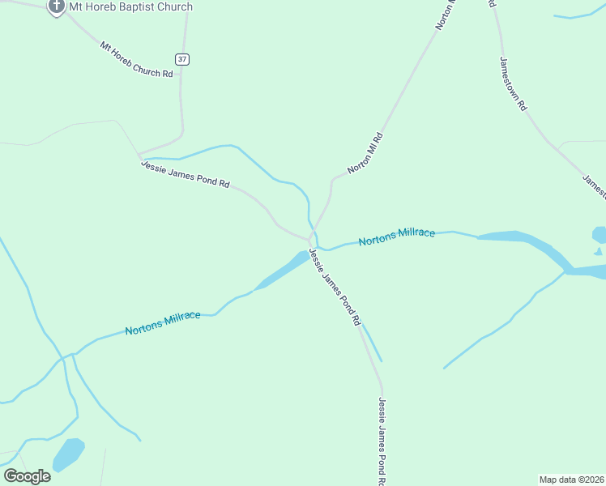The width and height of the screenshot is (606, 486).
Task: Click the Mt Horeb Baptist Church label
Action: [130, 7]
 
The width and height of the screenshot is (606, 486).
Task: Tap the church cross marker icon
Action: [56, 7]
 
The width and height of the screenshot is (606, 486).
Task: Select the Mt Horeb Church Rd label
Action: [137, 60]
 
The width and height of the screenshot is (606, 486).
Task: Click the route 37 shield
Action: [182, 59]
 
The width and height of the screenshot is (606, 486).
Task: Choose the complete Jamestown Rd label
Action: [514, 83]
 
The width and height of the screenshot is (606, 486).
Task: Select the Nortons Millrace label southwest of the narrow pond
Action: [163, 322]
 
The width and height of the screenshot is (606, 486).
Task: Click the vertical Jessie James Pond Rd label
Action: [382, 441]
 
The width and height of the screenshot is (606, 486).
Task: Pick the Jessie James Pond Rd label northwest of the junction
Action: [186, 174]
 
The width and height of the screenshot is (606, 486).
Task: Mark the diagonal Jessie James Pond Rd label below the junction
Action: [334, 287]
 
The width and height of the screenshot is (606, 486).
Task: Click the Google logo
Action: [27, 476]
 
